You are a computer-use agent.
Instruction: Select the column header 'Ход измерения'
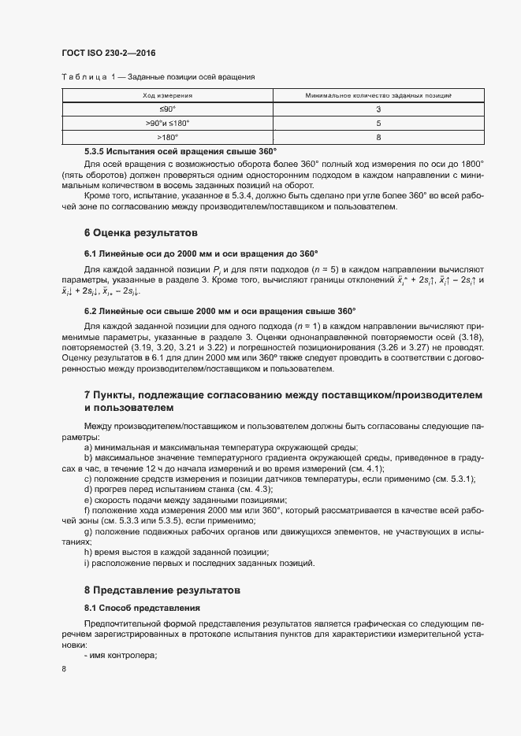pos(167,95)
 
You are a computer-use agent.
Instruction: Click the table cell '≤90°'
pos(167,109)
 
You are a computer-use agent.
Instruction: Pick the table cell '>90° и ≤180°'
pos(167,124)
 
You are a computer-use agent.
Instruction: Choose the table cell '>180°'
pos(167,138)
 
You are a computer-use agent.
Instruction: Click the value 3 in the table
pos(378,109)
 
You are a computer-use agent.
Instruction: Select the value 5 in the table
pos(378,124)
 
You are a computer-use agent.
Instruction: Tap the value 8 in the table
pos(378,138)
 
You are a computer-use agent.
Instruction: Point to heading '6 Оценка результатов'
pos(141,234)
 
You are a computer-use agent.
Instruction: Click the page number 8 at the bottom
pos(64,670)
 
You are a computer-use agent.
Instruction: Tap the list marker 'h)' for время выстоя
pos(88,552)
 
